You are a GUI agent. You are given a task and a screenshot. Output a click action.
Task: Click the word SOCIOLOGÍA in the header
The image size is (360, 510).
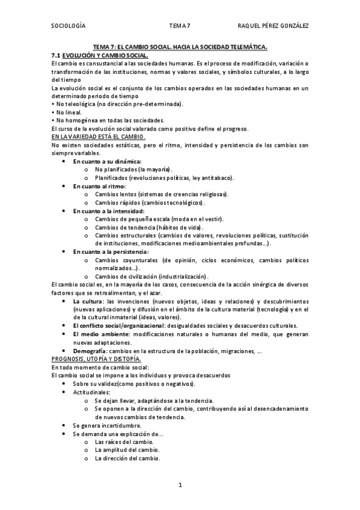pyautogui.click(x=69, y=25)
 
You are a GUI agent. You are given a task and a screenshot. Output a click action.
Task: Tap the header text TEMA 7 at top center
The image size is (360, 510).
pyautogui.click(x=180, y=25)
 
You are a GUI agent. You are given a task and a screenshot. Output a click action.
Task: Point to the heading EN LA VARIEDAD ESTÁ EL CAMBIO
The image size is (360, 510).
pyautogui.click(x=99, y=137)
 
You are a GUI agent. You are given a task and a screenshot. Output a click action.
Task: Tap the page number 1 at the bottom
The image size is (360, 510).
pyautogui.click(x=180, y=484)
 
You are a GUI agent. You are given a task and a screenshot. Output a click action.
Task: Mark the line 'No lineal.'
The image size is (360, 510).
pyautogui.click(x=68, y=112)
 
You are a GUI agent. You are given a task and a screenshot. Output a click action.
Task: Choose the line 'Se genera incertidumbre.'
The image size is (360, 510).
pyautogui.click(x=107, y=425)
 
